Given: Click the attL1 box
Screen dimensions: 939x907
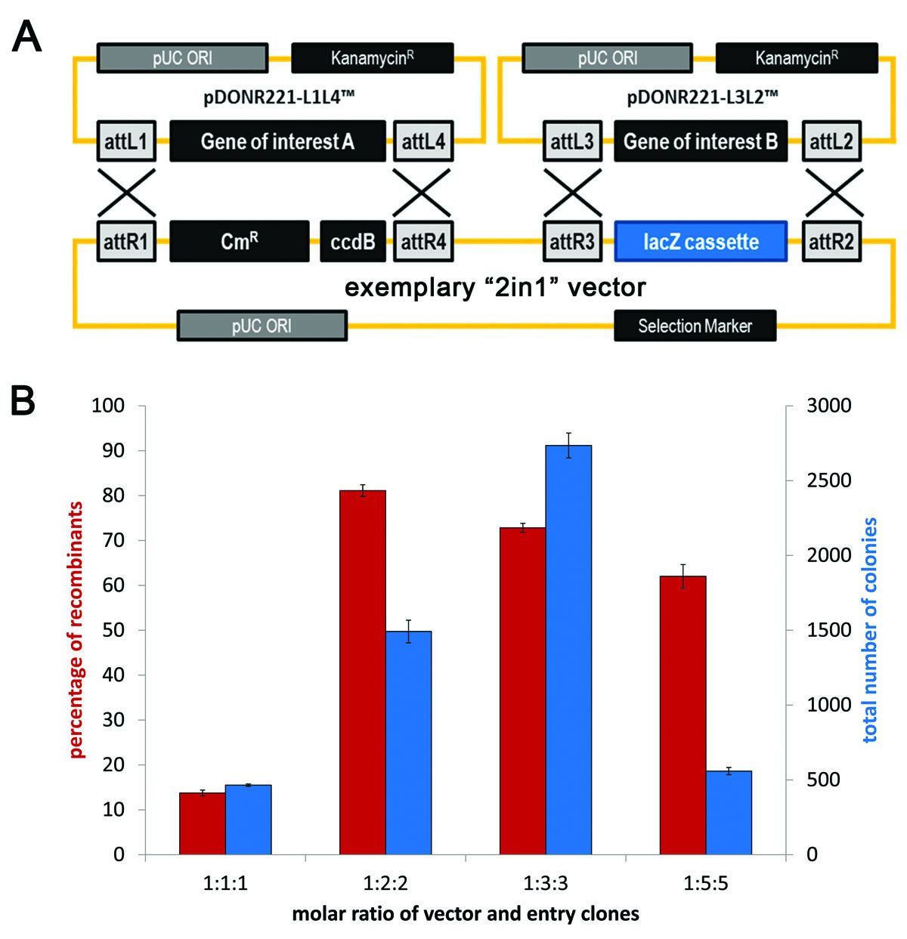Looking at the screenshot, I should coord(126,141).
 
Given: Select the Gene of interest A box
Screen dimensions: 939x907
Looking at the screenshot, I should coord(277,141).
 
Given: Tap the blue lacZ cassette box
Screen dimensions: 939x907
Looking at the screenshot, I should coord(701,242).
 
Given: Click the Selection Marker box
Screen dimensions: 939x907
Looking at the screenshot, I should coord(695,326).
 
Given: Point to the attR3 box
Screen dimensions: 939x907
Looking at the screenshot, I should coord(573,242).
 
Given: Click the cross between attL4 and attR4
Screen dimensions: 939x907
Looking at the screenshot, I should coord(423,191).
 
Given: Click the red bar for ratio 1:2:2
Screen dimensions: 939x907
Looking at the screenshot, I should coord(362,672).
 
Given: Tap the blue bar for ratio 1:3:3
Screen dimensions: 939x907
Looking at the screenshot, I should coord(568,650).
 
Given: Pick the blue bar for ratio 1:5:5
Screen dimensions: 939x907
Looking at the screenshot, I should coord(729,812).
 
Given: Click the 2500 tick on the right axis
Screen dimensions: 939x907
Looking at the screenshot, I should coord(813,480).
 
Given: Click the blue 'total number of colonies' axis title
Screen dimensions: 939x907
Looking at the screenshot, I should coord(870,630).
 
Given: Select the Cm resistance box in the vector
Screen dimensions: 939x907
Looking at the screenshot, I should coord(240,242).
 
